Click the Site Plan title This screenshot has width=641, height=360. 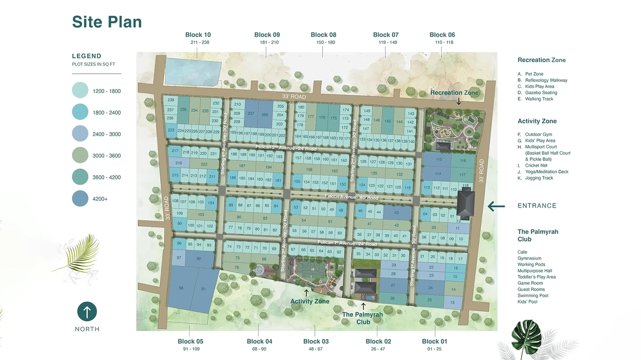[107, 22]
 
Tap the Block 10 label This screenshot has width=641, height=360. [198, 35]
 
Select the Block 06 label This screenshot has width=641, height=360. [442, 35]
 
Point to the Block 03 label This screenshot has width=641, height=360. [316, 342]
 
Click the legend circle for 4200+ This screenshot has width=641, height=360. [80, 199]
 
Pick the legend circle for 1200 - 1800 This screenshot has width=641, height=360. [80, 91]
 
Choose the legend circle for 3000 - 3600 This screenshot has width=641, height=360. [80, 155]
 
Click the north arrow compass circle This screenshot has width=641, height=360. [87, 311]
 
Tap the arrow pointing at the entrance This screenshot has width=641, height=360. [496, 206]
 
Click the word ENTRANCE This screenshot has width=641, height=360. [537, 206]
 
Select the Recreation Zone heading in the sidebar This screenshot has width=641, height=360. [542, 60]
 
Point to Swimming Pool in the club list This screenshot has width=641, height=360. [533, 296]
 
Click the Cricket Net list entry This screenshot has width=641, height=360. [536, 165]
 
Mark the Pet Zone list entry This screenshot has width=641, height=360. [534, 74]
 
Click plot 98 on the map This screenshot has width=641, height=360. [181, 288]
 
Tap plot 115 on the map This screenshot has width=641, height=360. [439, 159]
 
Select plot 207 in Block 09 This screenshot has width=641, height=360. [251, 113]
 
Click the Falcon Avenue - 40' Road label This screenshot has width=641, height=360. [351, 197]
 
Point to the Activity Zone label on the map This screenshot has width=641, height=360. [310, 302]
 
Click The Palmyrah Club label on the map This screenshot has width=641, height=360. [363, 318]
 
